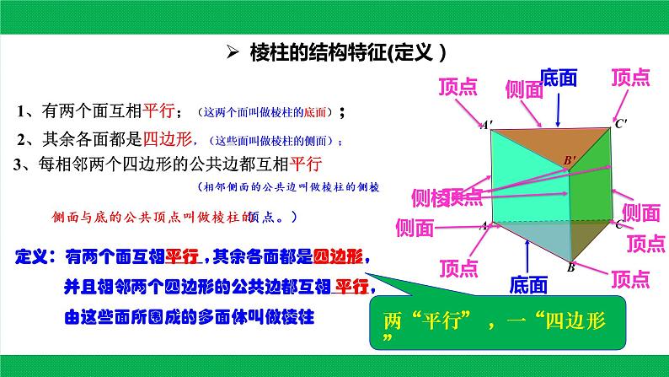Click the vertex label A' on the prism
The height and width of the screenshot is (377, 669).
[487, 125]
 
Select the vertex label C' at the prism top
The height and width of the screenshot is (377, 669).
[621, 124]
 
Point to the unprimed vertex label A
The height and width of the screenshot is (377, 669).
[484, 226]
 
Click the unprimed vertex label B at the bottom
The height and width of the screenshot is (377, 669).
[570, 267]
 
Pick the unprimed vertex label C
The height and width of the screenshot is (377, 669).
[619, 224]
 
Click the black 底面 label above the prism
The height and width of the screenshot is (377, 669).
[559, 78]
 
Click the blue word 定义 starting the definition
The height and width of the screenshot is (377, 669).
[35, 256]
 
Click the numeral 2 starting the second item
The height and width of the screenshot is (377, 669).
[20, 139]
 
